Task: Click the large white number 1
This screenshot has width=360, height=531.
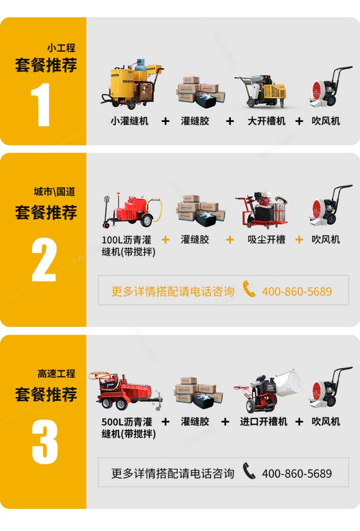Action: pyautogui.click(x=42, y=105)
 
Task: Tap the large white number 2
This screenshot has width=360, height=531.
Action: pyautogui.click(x=44, y=259)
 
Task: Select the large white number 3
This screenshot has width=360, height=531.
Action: pyautogui.click(x=45, y=442)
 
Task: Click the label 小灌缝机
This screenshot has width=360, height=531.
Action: pyautogui.click(x=129, y=121)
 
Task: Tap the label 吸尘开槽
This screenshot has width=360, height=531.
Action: pyautogui.click(x=266, y=239)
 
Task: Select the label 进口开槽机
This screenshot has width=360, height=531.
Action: pyautogui.click(x=264, y=422)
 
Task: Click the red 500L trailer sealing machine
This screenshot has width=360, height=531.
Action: pyautogui.click(x=128, y=391)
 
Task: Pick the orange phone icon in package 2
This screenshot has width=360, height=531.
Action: pyautogui.click(x=249, y=290)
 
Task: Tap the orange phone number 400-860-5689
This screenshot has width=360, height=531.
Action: pyautogui.click(x=297, y=291)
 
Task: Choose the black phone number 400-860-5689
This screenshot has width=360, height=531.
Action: pyautogui.click(x=297, y=474)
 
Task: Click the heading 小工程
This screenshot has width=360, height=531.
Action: pyautogui.click(x=61, y=48)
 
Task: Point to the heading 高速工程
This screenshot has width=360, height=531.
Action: pyautogui.click(x=57, y=374)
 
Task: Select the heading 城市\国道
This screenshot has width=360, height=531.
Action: pyautogui.click(x=54, y=192)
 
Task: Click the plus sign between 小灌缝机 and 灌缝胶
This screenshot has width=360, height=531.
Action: pyautogui.click(x=165, y=121)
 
